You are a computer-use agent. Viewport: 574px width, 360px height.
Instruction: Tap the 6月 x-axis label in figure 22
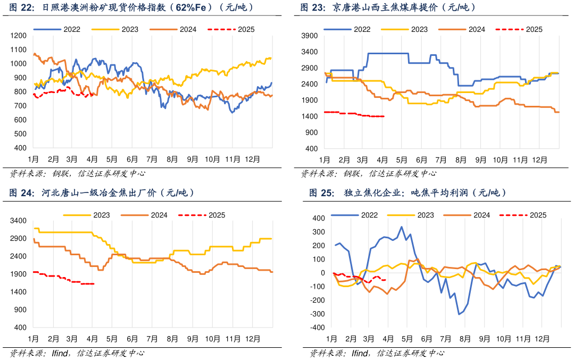click(x=132, y=159)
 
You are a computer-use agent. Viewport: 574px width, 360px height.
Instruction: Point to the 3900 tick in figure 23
click(x=309, y=36)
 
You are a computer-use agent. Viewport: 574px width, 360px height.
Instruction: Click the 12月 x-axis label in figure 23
click(x=539, y=159)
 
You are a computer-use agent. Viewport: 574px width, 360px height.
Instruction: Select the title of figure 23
click(x=388, y=8)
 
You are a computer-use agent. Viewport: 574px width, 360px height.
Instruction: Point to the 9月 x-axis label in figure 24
click(x=192, y=339)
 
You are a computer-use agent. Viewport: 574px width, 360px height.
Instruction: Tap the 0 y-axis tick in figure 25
click(x=321, y=273)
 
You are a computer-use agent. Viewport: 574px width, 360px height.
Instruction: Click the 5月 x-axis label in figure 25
click(x=407, y=339)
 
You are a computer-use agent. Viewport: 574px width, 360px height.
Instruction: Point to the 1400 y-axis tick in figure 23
click(x=309, y=116)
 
